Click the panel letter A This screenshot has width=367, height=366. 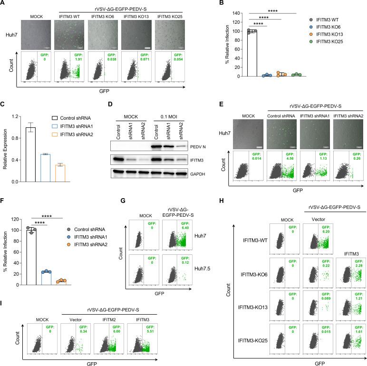tap(4, 4)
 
